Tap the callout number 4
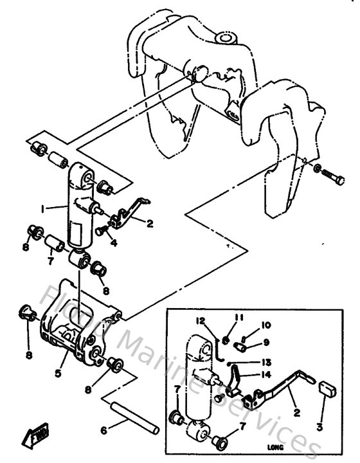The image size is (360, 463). (x=113, y=243)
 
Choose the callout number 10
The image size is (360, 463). (x=265, y=325)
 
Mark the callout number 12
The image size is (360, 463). (x=201, y=320)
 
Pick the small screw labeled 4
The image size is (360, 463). (x=102, y=230)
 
